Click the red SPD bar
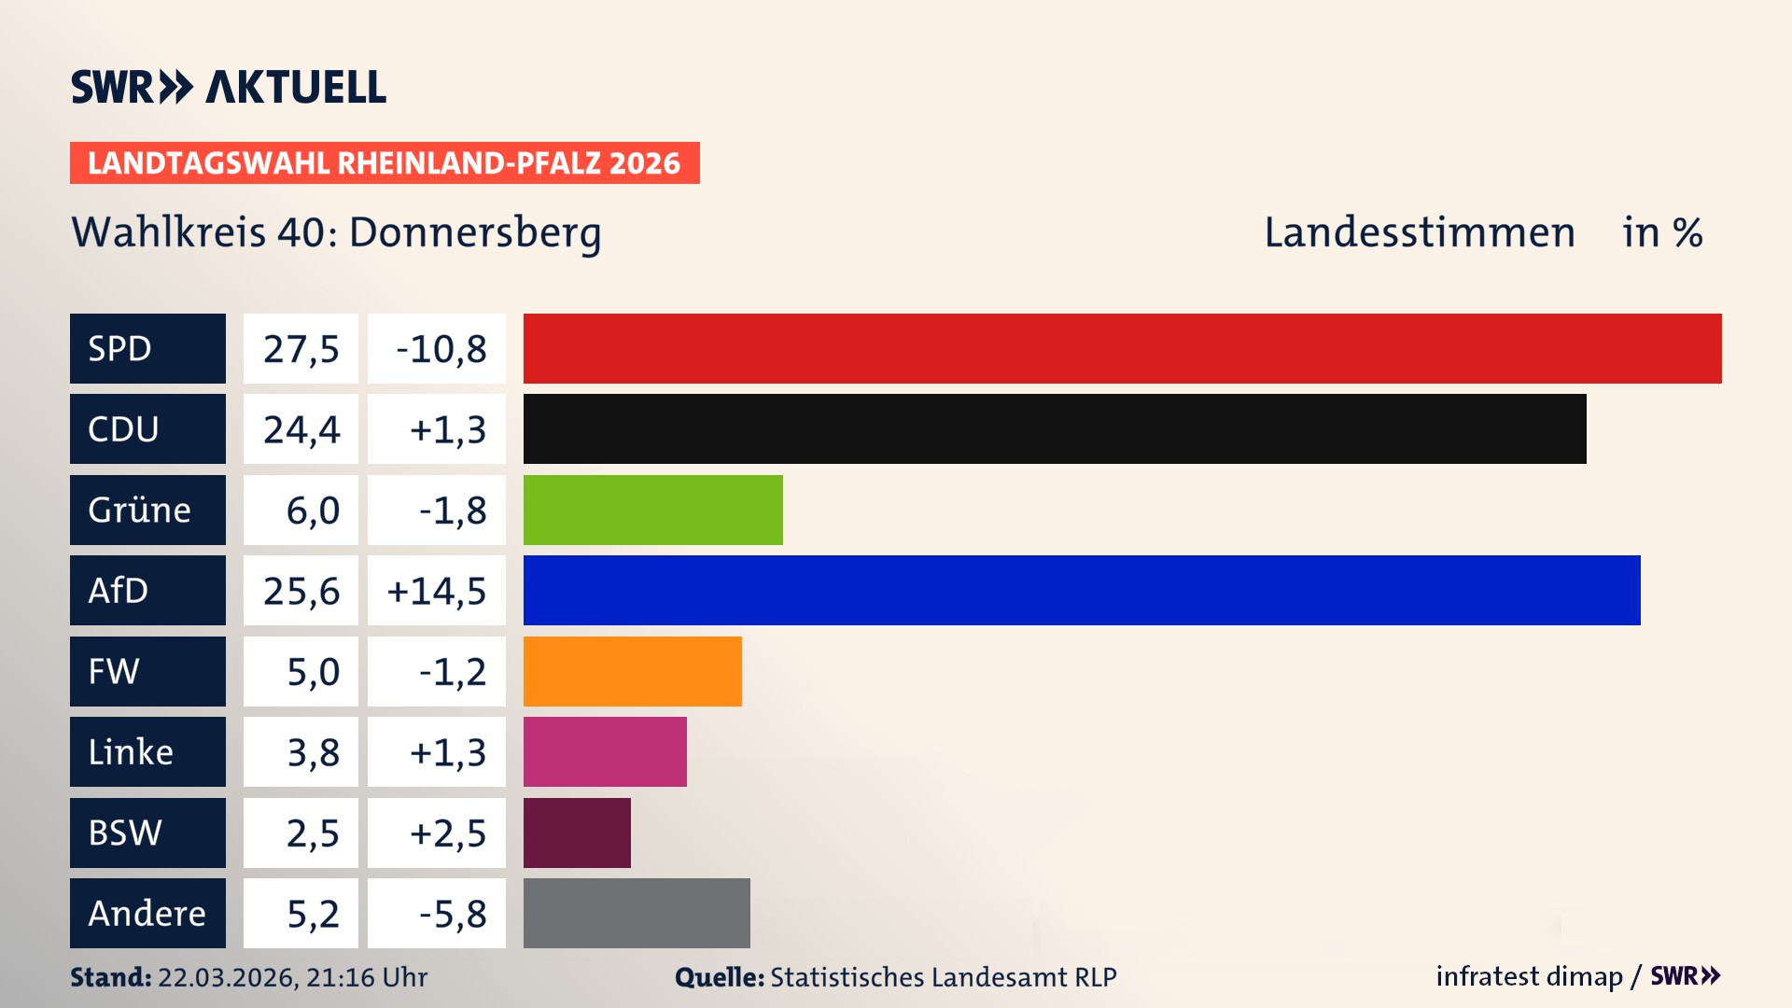click(1122, 348)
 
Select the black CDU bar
click(1055, 429)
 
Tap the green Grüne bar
click(652, 510)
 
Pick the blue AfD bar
click(1082, 590)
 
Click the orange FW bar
click(632, 671)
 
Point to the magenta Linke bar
click(605, 751)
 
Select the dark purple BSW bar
click(577, 833)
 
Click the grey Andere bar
click(637, 913)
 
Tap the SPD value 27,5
click(301, 349)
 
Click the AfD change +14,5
click(437, 591)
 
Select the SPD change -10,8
click(441, 349)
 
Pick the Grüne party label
click(140, 510)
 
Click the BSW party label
click(125, 833)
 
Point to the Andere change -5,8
click(452, 914)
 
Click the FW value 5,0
click(313, 672)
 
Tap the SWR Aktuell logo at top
click(229, 87)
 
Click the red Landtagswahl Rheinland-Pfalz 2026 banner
click(385, 163)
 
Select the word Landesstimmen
click(1419, 232)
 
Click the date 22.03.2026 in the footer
click(227, 977)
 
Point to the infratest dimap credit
click(1529, 976)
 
